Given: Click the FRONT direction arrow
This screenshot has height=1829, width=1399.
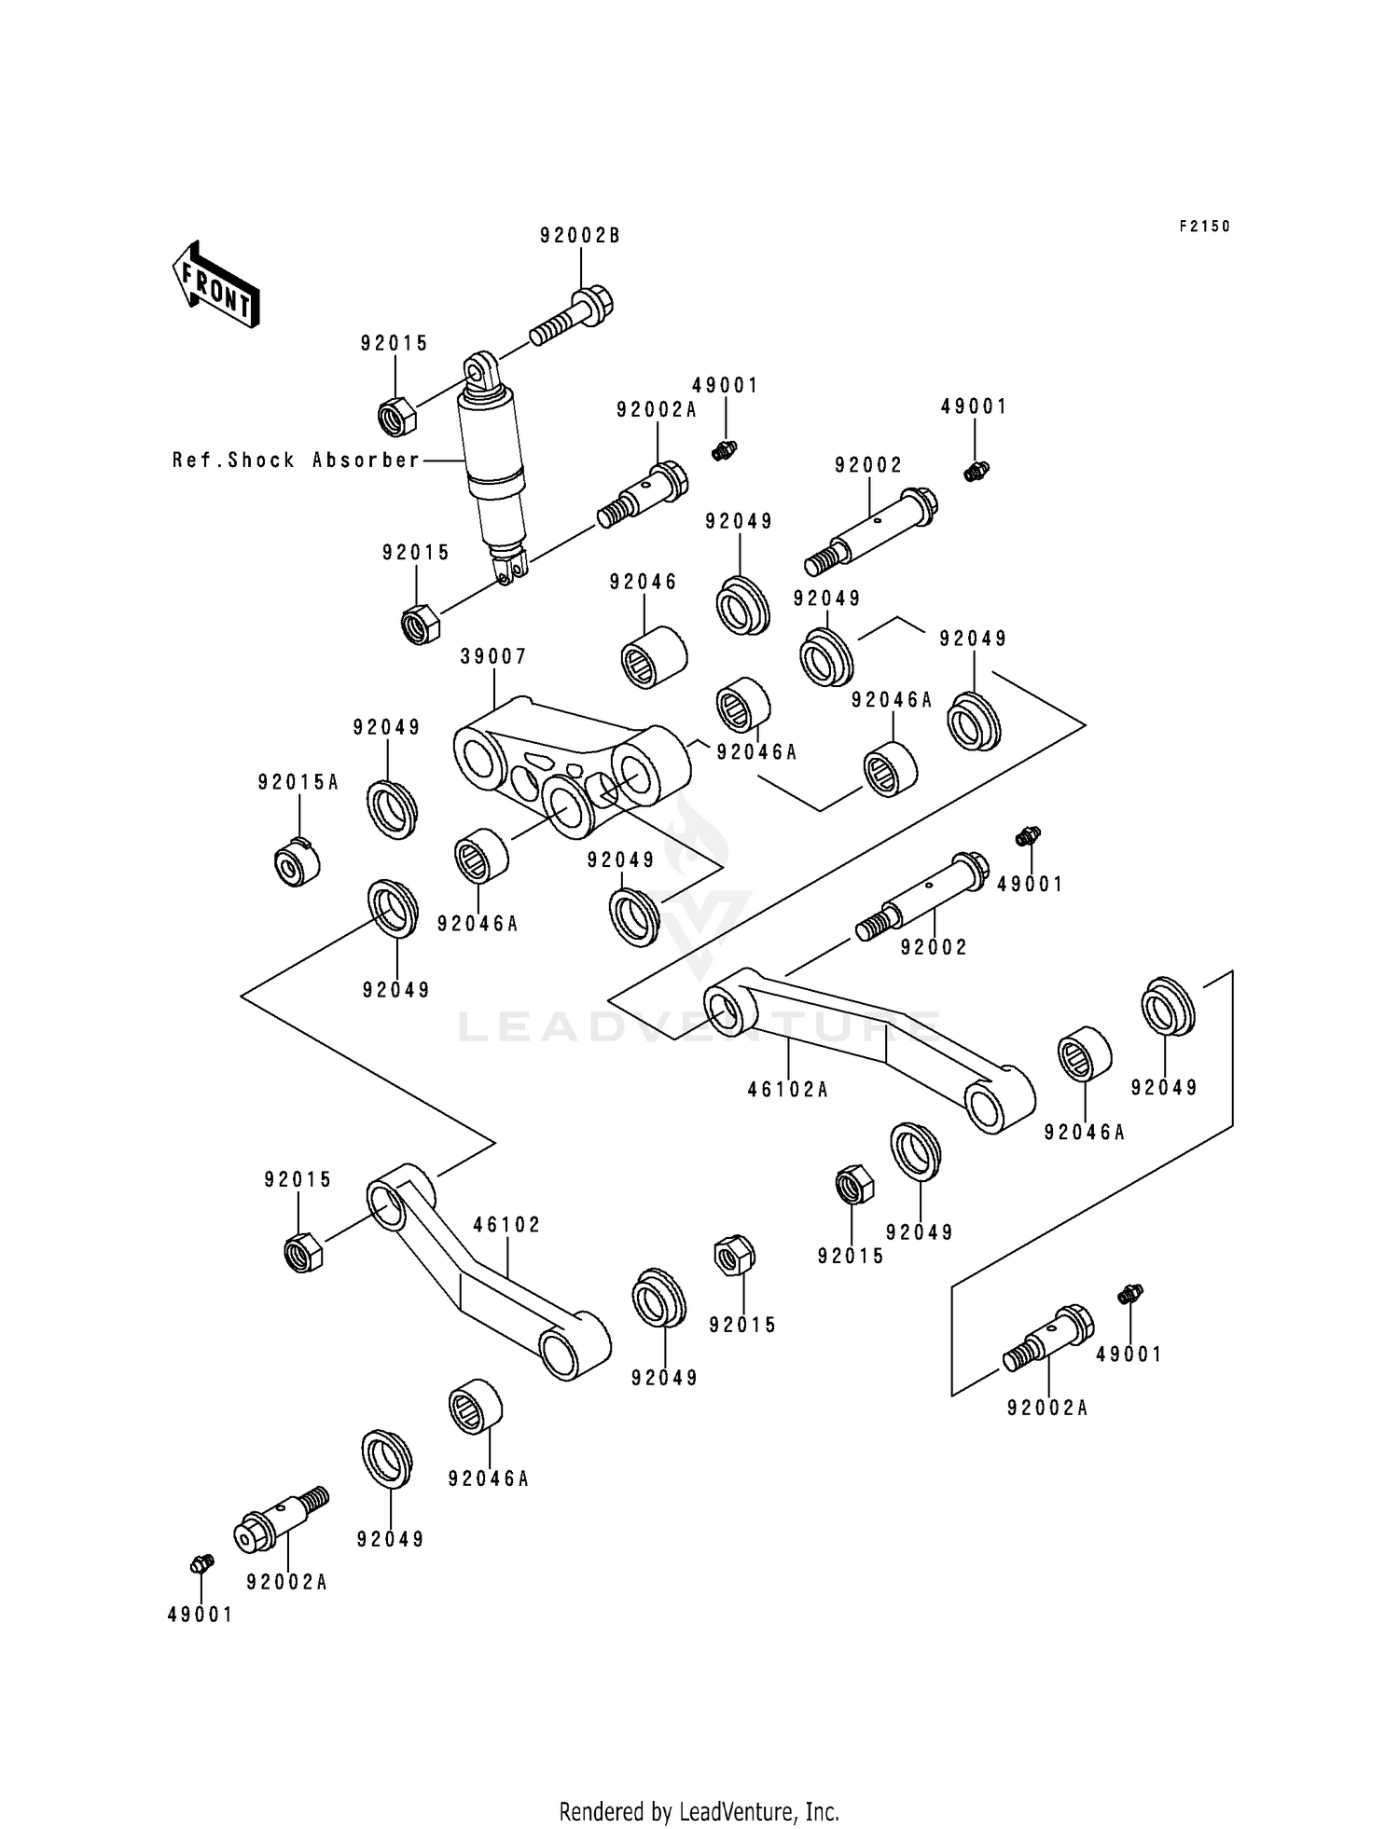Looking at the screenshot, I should coord(215,284).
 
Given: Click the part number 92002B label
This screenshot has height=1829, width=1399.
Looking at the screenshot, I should coord(580,237).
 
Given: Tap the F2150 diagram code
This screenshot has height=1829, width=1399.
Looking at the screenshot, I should coord(1204,227).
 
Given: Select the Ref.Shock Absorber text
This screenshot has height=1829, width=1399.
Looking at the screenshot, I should coord(297,461).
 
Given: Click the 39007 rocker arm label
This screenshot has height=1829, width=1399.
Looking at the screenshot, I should coord(493,657).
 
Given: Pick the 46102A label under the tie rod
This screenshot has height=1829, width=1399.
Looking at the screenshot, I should coord(788,1090).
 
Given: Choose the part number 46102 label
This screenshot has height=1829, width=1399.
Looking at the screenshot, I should coord(506,1225).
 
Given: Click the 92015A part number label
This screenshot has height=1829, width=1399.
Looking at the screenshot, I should coord(298,783).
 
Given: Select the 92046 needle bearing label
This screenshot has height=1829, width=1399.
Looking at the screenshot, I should coord(644,583).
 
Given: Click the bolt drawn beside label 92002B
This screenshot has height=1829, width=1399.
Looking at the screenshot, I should coord(573,317).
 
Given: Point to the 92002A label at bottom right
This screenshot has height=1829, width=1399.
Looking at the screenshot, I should coord(1047,1409).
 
